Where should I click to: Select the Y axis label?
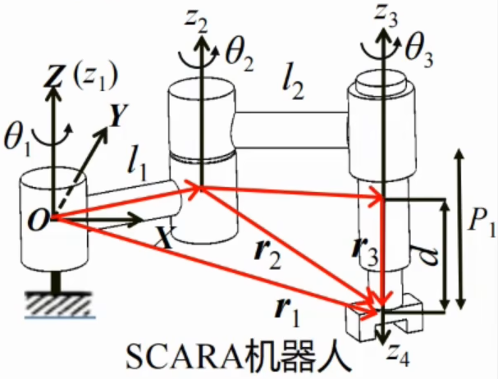coord(117,117)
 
